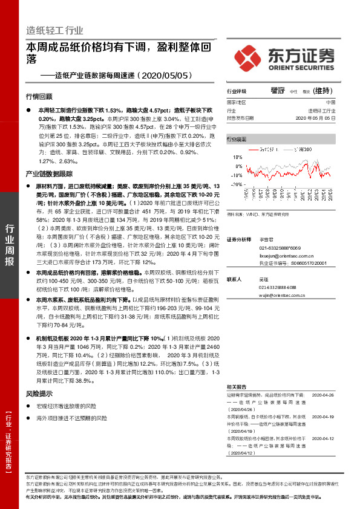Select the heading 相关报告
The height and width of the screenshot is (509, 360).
(x=236, y=386)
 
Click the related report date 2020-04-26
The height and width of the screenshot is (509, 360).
(x=323, y=395)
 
